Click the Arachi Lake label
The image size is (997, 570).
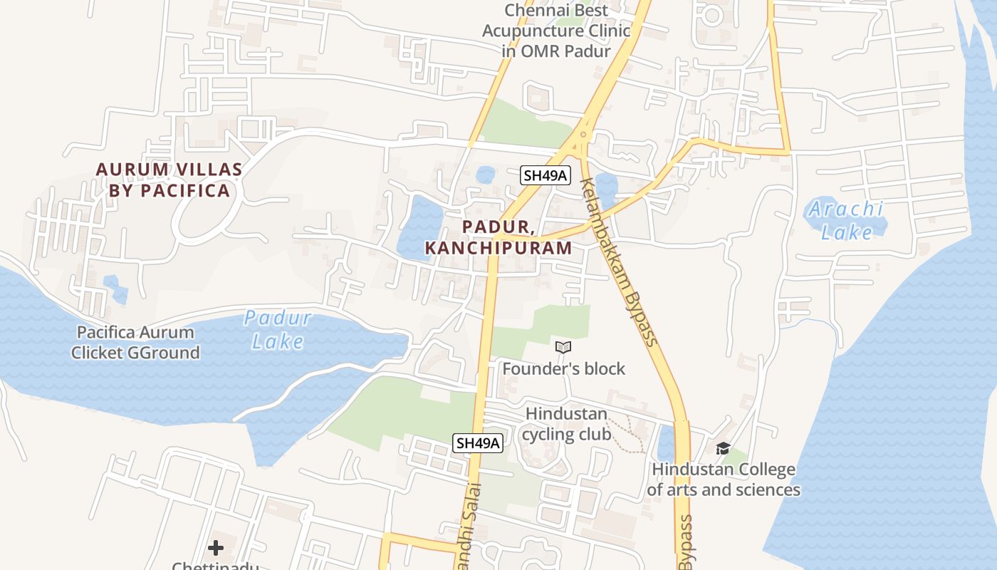pyautogui.click(x=846, y=220)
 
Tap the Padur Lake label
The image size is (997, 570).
pyautogui.click(x=278, y=329)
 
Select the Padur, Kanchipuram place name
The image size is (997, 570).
pyautogui.click(x=499, y=237)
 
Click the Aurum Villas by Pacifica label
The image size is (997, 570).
pyautogui.click(x=169, y=180)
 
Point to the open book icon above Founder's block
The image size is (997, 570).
pyautogui.click(x=563, y=347)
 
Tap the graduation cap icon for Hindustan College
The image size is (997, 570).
pyautogui.click(x=723, y=448)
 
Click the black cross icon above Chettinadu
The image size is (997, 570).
pyautogui.click(x=216, y=548)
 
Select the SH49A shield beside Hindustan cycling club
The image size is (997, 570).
pyautogui.click(x=478, y=443)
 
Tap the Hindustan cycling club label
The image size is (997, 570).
pyautogui.click(x=567, y=424)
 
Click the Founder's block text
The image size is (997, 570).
pyautogui.click(x=563, y=368)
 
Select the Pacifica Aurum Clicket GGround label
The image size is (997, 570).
pyautogui.click(x=135, y=342)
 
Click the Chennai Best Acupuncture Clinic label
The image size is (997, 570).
pyautogui.click(x=556, y=31)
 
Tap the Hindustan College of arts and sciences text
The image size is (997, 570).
pyautogui.click(x=724, y=480)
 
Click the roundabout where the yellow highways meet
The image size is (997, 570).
pyautogui.click(x=583, y=134)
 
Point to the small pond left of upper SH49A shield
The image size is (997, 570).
pyautogui.click(x=486, y=175)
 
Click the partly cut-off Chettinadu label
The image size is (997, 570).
pyautogui.click(x=215, y=566)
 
